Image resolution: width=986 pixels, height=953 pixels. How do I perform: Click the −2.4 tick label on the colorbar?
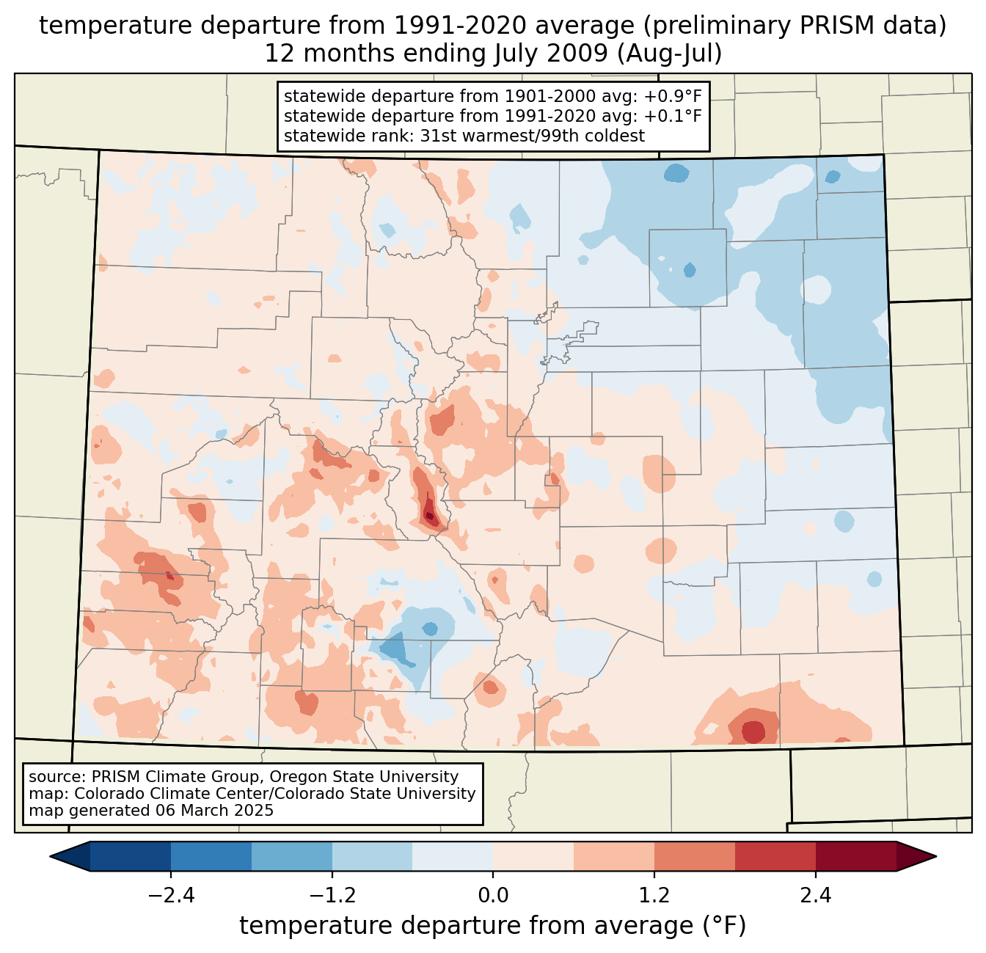171,896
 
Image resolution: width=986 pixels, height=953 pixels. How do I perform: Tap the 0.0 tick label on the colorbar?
493,896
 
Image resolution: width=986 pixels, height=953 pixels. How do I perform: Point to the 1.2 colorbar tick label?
654,896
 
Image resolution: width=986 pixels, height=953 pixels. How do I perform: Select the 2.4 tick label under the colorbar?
815,896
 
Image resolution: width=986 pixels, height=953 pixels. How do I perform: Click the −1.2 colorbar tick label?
332,896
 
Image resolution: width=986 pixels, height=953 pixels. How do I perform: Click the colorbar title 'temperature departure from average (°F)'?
493,926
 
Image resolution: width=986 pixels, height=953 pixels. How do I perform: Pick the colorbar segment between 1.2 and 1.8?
694,856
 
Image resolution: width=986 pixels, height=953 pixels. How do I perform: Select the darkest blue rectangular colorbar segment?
131,856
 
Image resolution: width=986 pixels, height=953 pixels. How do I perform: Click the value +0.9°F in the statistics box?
673,97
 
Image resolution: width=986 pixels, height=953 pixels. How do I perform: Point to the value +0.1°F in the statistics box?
673,116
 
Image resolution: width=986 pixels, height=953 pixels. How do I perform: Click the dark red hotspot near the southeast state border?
753,731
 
